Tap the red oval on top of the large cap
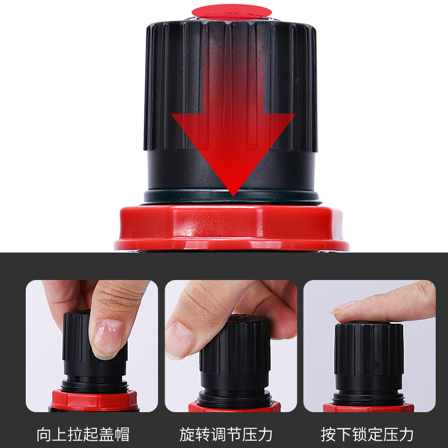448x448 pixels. [x=231, y=11]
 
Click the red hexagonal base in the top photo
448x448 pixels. [x=232, y=227]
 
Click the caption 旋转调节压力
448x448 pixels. [x=226, y=434]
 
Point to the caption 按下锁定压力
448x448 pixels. [x=367, y=434]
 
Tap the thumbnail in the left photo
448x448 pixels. [x=106, y=336]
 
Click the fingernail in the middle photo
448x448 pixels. [x=178, y=339]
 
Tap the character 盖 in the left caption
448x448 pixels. [x=106, y=434]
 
